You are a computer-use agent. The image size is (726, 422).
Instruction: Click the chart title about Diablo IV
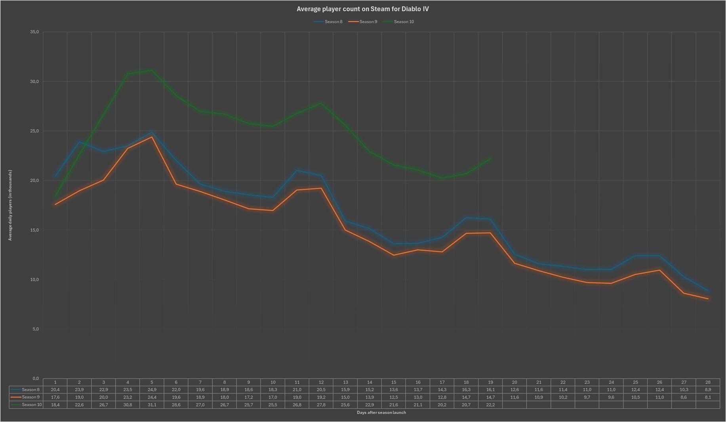(362, 9)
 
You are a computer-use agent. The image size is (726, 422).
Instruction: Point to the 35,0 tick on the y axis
(34, 32)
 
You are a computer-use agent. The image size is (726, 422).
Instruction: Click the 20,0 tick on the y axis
(34, 180)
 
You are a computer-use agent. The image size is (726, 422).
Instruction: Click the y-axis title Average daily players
(10, 205)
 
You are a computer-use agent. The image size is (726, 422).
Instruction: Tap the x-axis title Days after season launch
(381, 412)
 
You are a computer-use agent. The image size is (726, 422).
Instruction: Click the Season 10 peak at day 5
(152, 71)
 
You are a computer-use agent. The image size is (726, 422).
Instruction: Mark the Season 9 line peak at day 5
(152, 137)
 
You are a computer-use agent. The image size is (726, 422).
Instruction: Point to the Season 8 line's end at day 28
(708, 290)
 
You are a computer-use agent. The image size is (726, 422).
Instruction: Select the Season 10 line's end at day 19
(490, 159)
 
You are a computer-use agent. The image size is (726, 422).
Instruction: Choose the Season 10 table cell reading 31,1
(152, 405)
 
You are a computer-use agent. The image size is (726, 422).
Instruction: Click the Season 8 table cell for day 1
(55, 390)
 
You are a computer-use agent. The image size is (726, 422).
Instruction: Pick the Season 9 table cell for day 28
(708, 397)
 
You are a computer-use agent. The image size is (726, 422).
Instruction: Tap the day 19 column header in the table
(490, 382)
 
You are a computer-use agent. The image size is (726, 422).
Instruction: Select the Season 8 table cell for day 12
(321, 390)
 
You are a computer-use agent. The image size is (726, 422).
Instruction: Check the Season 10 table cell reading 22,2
(490, 405)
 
